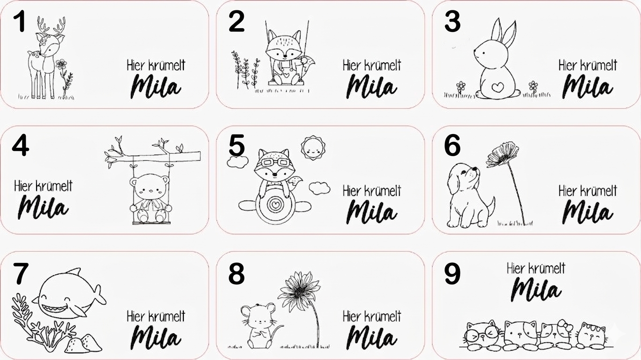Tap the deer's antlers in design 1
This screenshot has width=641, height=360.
(x=52, y=26)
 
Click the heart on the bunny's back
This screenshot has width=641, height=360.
(x=498, y=87)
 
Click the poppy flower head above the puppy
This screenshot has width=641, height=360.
(x=502, y=155)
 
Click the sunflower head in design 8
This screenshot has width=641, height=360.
(x=299, y=291)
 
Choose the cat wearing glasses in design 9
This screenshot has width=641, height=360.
(x=482, y=335)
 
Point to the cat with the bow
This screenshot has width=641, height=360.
(x=557, y=333)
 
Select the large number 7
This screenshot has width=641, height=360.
(x=21, y=274)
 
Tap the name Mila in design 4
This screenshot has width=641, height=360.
(x=43, y=207)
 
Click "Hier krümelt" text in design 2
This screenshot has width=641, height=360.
(x=372, y=65)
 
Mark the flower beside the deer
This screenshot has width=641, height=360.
(x=65, y=78)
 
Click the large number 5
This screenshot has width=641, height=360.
(x=236, y=145)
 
